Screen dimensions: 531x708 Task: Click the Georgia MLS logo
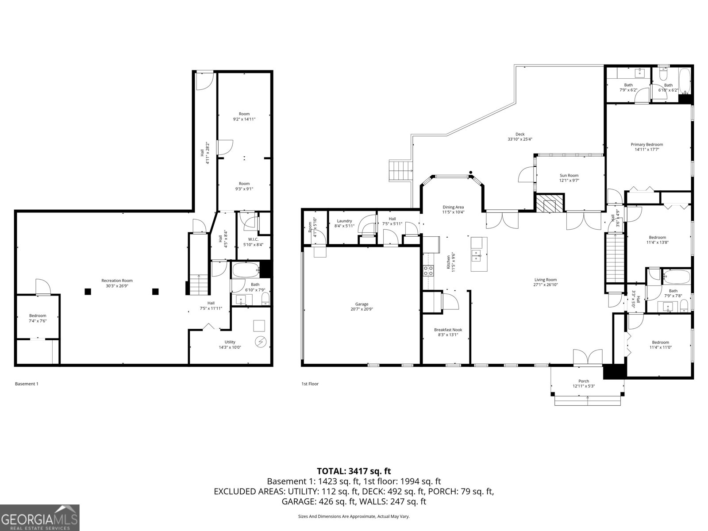[39, 517]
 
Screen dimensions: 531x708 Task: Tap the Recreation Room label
[117, 281]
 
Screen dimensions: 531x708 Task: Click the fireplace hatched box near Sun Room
[550, 204]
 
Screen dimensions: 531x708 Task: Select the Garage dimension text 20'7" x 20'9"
[362, 309]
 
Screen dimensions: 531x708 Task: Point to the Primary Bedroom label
[646, 144]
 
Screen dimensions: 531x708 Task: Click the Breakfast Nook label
[446, 330]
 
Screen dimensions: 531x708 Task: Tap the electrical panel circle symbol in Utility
[260, 342]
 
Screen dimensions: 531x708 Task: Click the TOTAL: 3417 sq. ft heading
[354, 471]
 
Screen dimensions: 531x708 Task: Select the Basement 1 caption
[27, 384]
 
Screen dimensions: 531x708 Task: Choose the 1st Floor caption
[310, 384]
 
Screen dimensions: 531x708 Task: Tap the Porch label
[584, 381]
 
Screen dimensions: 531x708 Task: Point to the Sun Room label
[569, 175]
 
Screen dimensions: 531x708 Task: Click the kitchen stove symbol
[428, 270]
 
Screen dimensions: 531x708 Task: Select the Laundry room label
[344, 221]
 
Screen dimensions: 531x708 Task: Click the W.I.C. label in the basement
[253, 239]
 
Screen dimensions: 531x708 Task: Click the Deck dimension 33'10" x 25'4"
[519, 139]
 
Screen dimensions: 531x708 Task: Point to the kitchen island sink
[477, 254]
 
